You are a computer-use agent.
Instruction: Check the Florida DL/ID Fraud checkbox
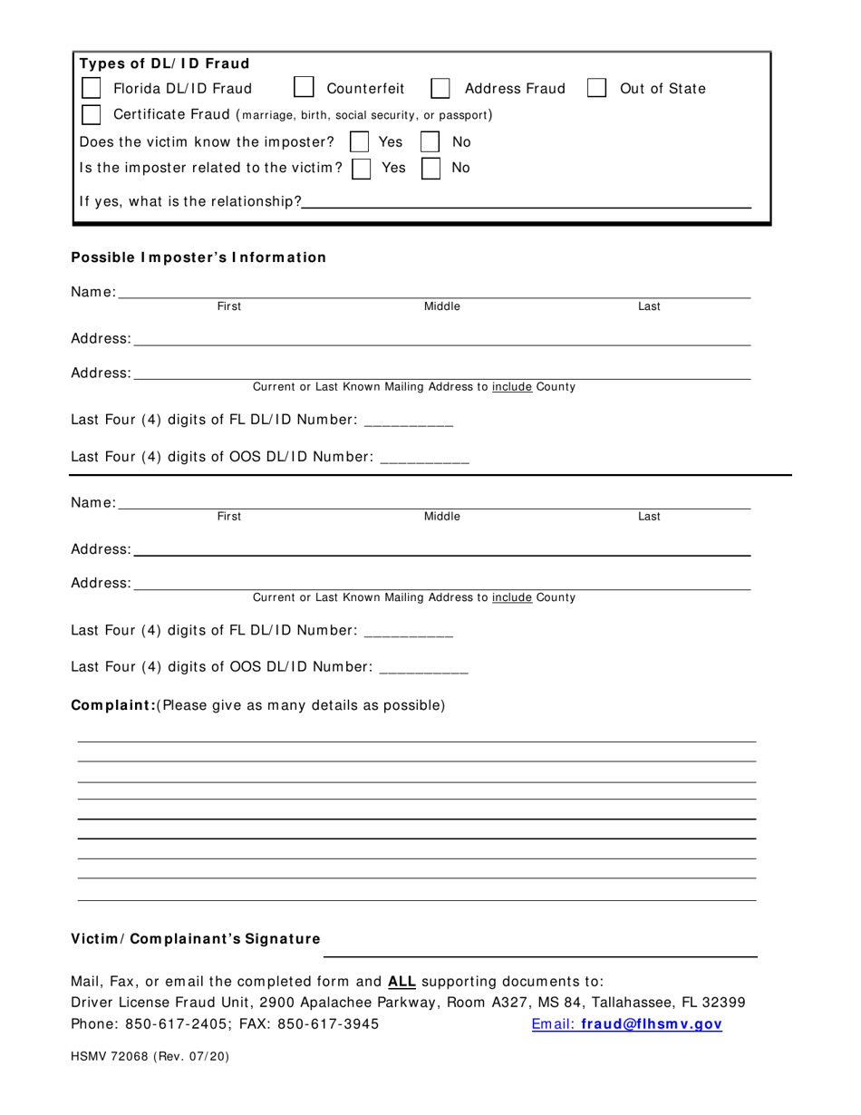click(x=92, y=88)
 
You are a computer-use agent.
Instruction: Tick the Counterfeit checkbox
click(x=305, y=88)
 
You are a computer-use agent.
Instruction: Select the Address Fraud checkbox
click(x=440, y=88)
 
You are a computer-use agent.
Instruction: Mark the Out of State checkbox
click(x=596, y=88)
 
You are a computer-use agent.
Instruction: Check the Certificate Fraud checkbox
click(x=92, y=115)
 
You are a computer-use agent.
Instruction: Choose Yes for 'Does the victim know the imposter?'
click(x=360, y=141)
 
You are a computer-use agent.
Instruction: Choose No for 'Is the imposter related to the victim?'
click(x=430, y=168)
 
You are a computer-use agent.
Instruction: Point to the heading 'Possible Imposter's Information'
click(x=198, y=257)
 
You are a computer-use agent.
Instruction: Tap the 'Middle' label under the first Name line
click(x=442, y=307)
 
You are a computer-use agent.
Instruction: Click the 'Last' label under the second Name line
click(x=649, y=517)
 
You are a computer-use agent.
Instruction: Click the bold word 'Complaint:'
click(x=113, y=705)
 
